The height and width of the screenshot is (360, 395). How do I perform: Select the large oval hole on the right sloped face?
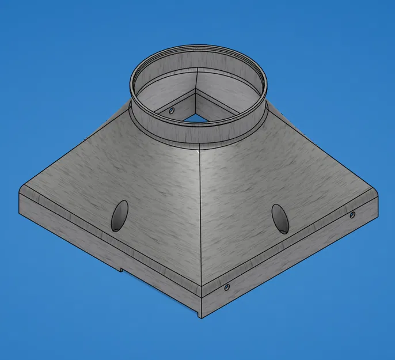[x=279, y=218]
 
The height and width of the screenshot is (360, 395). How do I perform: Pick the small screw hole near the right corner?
[x=352, y=215]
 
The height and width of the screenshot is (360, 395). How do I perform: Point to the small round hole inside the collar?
[x=172, y=109]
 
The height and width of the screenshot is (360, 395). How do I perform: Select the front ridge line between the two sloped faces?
[x=199, y=219]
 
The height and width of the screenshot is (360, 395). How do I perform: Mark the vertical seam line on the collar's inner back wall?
[x=199, y=77]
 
